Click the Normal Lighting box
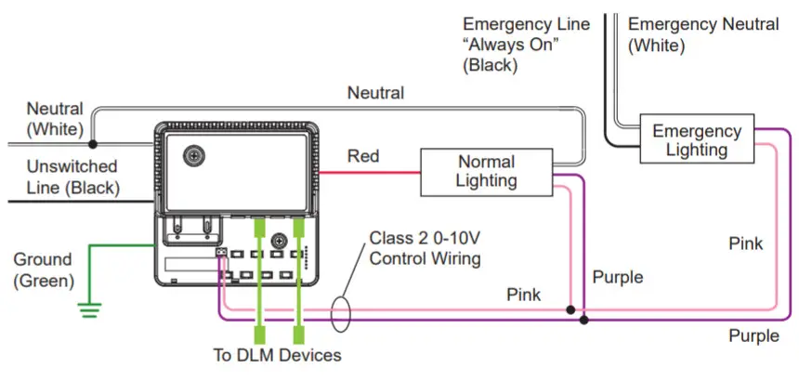point(486,172)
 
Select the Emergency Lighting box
point(696,140)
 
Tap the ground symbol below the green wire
point(89,309)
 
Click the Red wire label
point(363,156)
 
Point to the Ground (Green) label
point(42,269)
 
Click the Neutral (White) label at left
point(55,119)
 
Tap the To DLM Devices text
point(277,355)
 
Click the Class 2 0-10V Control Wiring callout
point(425,247)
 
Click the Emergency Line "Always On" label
point(526,45)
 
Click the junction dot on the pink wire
point(570,309)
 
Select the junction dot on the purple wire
point(583,320)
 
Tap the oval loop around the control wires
point(340,314)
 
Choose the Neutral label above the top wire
point(375,93)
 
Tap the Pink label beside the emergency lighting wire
point(745,243)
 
